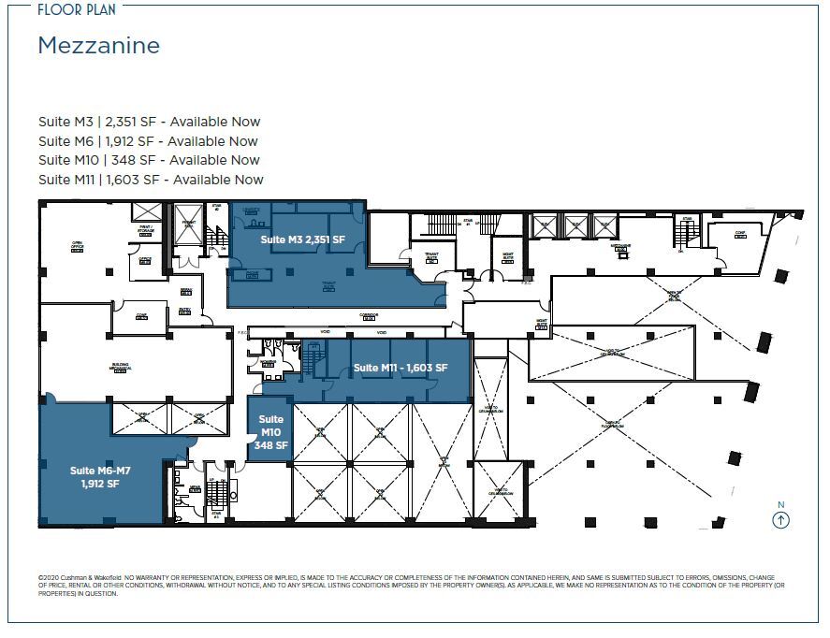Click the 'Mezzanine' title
[x=98, y=45]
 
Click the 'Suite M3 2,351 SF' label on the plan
[x=302, y=240]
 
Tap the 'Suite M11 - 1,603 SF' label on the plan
[x=400, y=368]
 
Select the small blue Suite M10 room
[x=269, y=432]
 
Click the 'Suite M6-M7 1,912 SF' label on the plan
[x=97, y=478]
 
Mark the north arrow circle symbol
[x=781, y=521]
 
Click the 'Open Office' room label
[x=78, y=246]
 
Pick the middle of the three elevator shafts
[x=575, y=226]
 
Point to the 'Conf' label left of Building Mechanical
[x=140, y=315]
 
